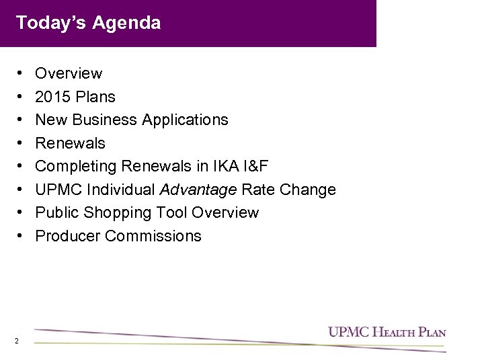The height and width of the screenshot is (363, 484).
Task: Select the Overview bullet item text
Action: click(69, 73)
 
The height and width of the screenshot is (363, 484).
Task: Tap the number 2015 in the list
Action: click(52, 97)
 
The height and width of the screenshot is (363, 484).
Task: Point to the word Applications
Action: click(186, 120)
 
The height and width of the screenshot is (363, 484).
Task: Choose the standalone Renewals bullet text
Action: click(70, 143)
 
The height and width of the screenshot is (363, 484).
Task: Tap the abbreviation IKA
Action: click(223, 166)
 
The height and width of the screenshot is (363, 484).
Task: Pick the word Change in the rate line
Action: click(307, 190)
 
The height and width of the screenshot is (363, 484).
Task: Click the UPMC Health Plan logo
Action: click(387, 332)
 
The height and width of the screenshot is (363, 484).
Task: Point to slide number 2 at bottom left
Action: click(15, 341)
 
